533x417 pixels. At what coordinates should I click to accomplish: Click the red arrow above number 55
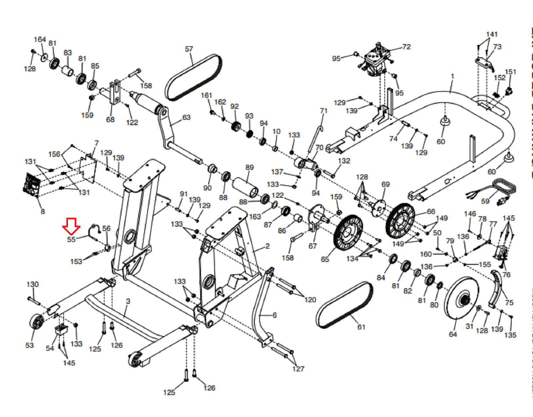71,226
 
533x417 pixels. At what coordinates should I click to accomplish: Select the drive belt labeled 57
194,77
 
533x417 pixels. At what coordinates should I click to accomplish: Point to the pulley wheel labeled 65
348,233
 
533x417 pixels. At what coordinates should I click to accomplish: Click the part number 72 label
406,47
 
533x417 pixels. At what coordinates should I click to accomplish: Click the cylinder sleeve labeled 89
245,187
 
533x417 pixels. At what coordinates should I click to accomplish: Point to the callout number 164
40,40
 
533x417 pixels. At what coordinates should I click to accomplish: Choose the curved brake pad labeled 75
495,289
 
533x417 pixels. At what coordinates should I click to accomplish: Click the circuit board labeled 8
31,185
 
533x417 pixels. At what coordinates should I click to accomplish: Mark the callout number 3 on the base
128,302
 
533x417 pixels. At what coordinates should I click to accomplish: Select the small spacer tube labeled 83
67,71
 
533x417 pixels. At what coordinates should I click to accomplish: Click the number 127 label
298,369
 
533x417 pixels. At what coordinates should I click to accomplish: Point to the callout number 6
275,315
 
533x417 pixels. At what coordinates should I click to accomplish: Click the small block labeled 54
61,328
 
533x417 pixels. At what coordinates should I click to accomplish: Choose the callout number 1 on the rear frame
452,77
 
